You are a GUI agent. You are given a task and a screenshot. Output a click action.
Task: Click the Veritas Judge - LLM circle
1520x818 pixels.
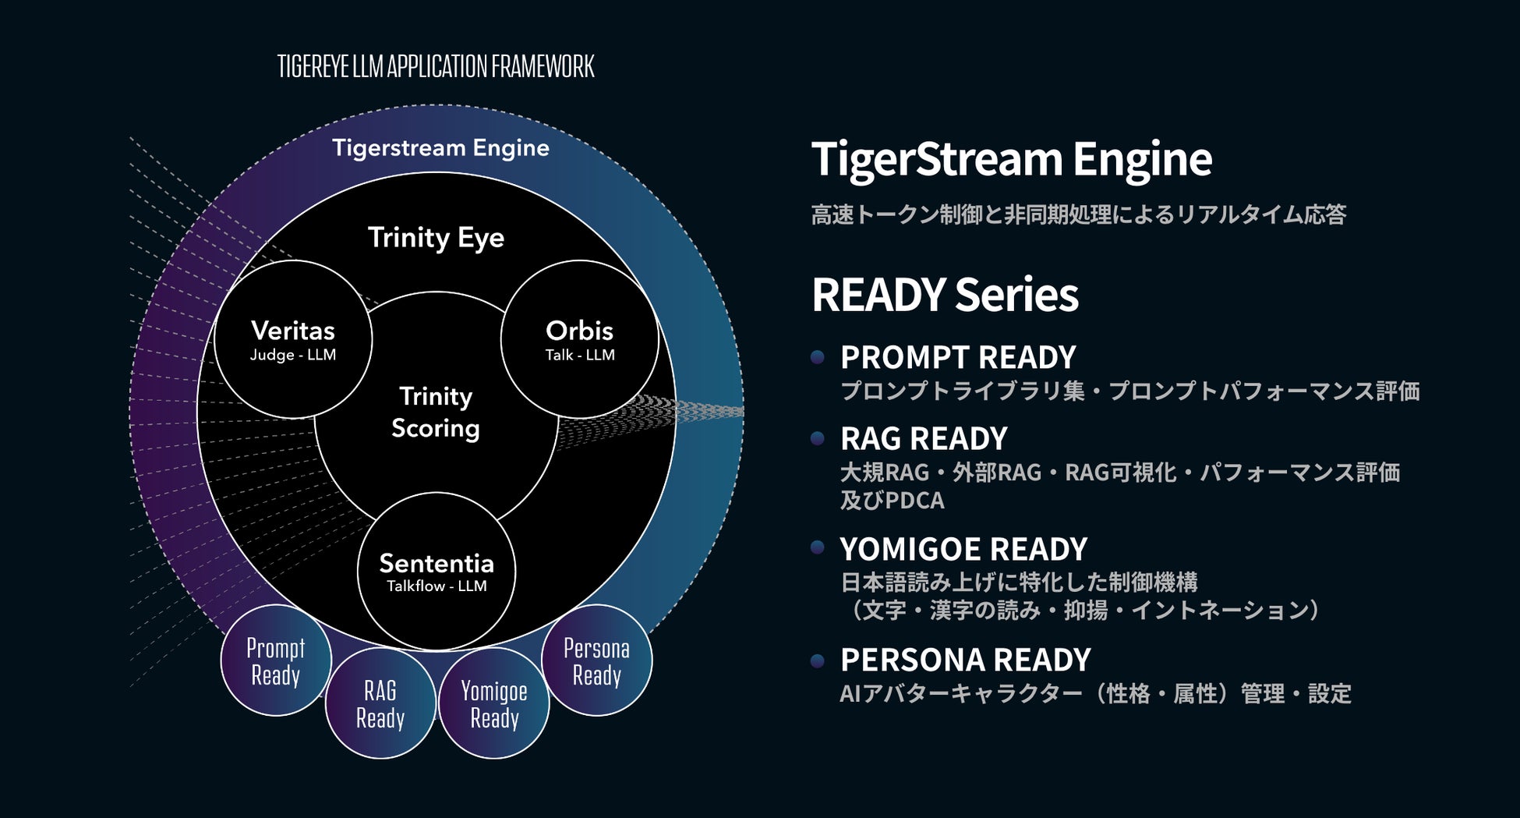(x=293, y=340)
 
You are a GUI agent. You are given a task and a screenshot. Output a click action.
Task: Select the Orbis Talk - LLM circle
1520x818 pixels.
(x=579, y=340)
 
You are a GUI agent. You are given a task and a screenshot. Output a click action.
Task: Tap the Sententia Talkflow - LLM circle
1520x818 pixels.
(x=437, y=572)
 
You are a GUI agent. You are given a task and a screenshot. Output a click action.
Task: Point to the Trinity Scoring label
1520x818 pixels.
(x=436, y=413)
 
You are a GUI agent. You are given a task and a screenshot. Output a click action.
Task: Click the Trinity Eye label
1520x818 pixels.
(x=436, y=238)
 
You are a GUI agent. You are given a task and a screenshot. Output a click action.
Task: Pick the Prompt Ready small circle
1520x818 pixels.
(x=276, y=660)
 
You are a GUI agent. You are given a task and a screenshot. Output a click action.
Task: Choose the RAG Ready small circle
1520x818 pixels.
(x=380, y=703)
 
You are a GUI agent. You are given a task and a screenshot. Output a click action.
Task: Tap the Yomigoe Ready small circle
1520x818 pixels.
(x=494, y=703)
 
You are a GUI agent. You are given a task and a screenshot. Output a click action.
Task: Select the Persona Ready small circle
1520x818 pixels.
(x=597, y=660)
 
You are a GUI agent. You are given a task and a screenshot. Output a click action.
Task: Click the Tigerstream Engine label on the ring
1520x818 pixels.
(x=440, y=148)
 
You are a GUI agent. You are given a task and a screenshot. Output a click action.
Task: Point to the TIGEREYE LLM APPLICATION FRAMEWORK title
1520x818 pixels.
(x=436, y=67)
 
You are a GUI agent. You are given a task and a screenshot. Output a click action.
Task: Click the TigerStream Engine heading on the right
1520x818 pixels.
(x=1012, y=160)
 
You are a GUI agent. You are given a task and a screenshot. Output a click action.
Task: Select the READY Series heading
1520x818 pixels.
(x=945, y=295)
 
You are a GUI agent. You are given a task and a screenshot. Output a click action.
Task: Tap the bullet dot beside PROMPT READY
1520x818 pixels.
(x=818, y=357)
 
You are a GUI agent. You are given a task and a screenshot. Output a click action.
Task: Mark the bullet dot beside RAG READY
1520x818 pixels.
(x=818, y=438)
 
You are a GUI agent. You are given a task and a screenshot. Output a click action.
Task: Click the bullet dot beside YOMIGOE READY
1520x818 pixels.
(x=818, y=547)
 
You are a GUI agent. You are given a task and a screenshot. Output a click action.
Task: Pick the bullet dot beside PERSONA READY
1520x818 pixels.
(x=818, y=661)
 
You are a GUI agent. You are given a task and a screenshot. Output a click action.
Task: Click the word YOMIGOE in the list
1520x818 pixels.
(x=907, y=550)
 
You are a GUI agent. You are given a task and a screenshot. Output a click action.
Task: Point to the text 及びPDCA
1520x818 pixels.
(x=893, y=500)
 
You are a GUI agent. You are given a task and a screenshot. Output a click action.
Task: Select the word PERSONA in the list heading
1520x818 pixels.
(x=909, y=660)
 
